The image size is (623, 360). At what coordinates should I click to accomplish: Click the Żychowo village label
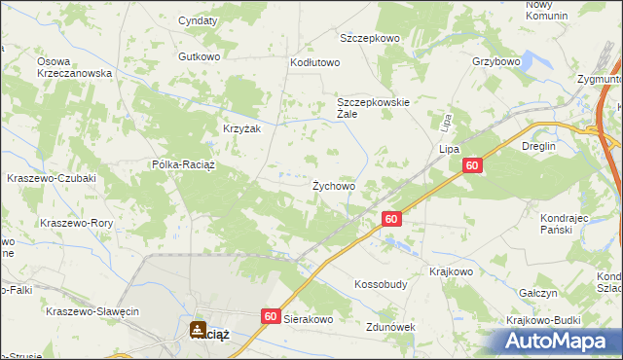333,185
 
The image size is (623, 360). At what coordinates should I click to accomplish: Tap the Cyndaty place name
198,20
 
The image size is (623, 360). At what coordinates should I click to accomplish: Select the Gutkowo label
199,56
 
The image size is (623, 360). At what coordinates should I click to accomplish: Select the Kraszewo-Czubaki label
50,178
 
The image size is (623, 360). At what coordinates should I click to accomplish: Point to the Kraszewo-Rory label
77,223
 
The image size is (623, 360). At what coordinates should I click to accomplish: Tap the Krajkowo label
451,272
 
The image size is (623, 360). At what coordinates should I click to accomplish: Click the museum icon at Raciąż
199,329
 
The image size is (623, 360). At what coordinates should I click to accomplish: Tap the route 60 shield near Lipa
472,167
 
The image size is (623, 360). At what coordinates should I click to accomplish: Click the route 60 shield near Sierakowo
271,316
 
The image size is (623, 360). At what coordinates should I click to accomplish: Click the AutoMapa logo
556,341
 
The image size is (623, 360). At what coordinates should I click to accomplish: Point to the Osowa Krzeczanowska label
75,67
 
